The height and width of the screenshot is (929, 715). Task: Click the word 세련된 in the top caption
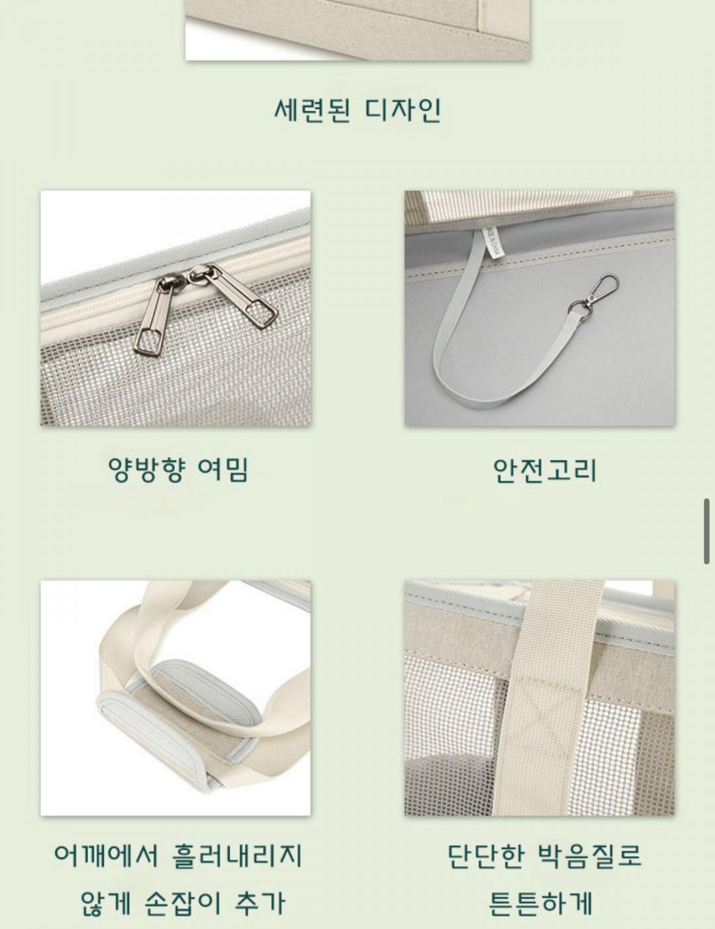coord(312,111)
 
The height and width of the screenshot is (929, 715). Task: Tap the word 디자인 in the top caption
coord(403,111)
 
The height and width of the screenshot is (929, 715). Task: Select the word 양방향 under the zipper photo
coord(147,470)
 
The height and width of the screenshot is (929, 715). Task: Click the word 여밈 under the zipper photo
coord(222,469)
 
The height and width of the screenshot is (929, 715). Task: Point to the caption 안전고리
coord(544,470)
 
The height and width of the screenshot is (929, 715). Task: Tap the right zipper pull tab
coord(236,295)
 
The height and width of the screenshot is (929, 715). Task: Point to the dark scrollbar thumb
coord(706,531)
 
